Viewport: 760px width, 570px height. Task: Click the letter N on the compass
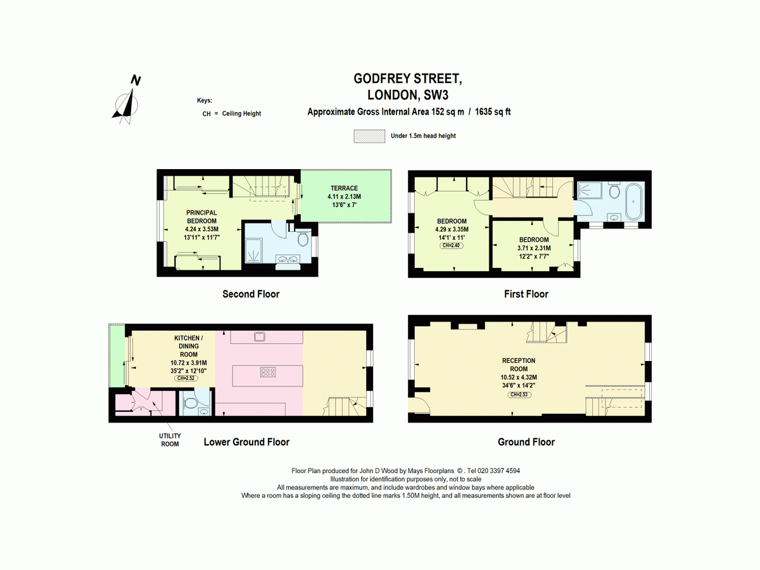[136, 80]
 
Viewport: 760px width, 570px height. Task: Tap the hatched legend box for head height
[369, 136]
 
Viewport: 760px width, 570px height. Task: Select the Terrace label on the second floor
[344, 188]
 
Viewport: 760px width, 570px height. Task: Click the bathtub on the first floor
[633, 201]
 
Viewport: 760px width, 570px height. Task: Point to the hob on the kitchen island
[268, 372]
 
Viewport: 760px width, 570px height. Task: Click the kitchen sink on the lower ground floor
[259, 336]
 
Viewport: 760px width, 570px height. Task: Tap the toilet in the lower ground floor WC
[190, 403]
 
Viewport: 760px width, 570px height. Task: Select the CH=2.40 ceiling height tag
[451, 246]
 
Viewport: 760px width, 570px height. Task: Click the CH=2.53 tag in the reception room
[519, 395]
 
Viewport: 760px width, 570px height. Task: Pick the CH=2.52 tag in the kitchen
[186, 378]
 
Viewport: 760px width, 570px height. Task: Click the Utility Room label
[170, 440]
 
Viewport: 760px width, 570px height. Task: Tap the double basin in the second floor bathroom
[288, 260]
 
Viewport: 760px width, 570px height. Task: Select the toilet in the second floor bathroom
[303, 239]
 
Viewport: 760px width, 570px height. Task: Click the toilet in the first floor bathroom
[614, 191]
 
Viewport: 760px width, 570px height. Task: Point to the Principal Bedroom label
[202, 217]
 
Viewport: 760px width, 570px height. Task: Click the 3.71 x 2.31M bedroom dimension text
[534, 248]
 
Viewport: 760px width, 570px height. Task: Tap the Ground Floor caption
[526, 442]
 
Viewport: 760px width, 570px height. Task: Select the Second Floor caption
[251, 294]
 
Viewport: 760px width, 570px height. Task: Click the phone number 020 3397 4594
[499, 471]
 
